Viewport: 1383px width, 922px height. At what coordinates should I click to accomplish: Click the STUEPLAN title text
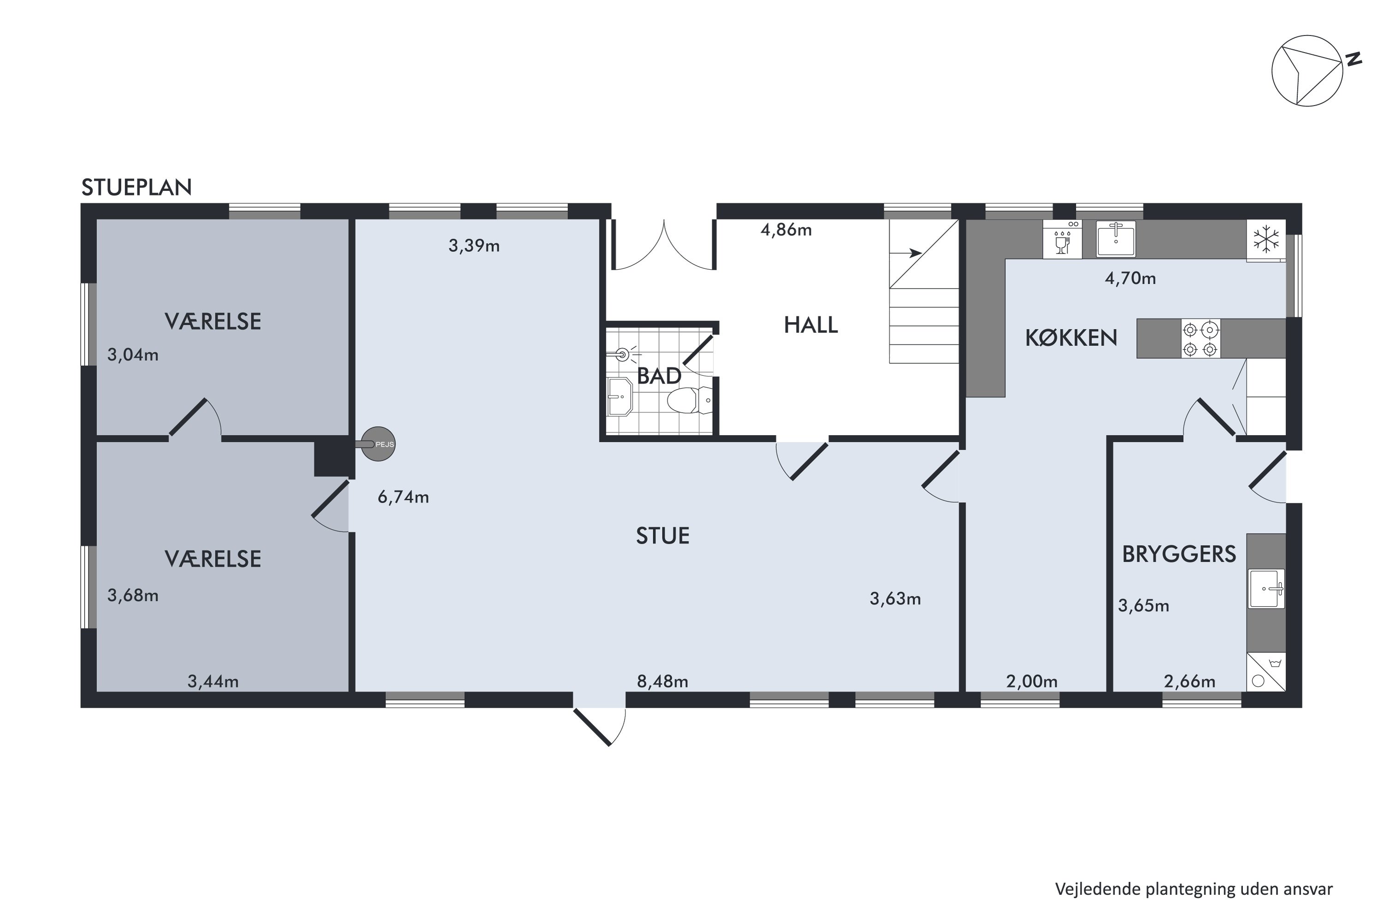(136, 187)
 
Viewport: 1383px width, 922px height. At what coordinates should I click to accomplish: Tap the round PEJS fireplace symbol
(378, 444)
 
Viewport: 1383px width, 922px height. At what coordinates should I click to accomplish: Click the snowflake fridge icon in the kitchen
(1266, 239)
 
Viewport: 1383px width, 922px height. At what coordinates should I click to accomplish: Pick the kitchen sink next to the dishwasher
(1116, 239)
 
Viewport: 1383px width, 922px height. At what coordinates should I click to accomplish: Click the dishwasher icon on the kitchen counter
(1062, 239)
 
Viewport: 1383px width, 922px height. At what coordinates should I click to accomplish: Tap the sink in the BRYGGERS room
(1266, 588)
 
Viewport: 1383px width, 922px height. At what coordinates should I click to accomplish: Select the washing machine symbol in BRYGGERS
(1266, 672)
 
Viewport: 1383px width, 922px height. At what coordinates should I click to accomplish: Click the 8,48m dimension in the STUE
(663, 681)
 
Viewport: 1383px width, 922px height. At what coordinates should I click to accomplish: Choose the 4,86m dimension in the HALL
(786, 230)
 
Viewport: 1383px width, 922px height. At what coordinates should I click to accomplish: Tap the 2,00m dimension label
(1032, 681)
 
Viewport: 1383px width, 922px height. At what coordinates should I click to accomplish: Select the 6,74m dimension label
(403, 497)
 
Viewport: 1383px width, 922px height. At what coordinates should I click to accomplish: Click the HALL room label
(811, 325)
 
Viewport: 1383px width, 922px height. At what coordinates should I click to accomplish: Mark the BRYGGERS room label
(1179, 555)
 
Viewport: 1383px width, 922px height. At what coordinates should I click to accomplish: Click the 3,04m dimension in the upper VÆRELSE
(133, 355)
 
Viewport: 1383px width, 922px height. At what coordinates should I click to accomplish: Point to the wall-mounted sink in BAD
(619, 397)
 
